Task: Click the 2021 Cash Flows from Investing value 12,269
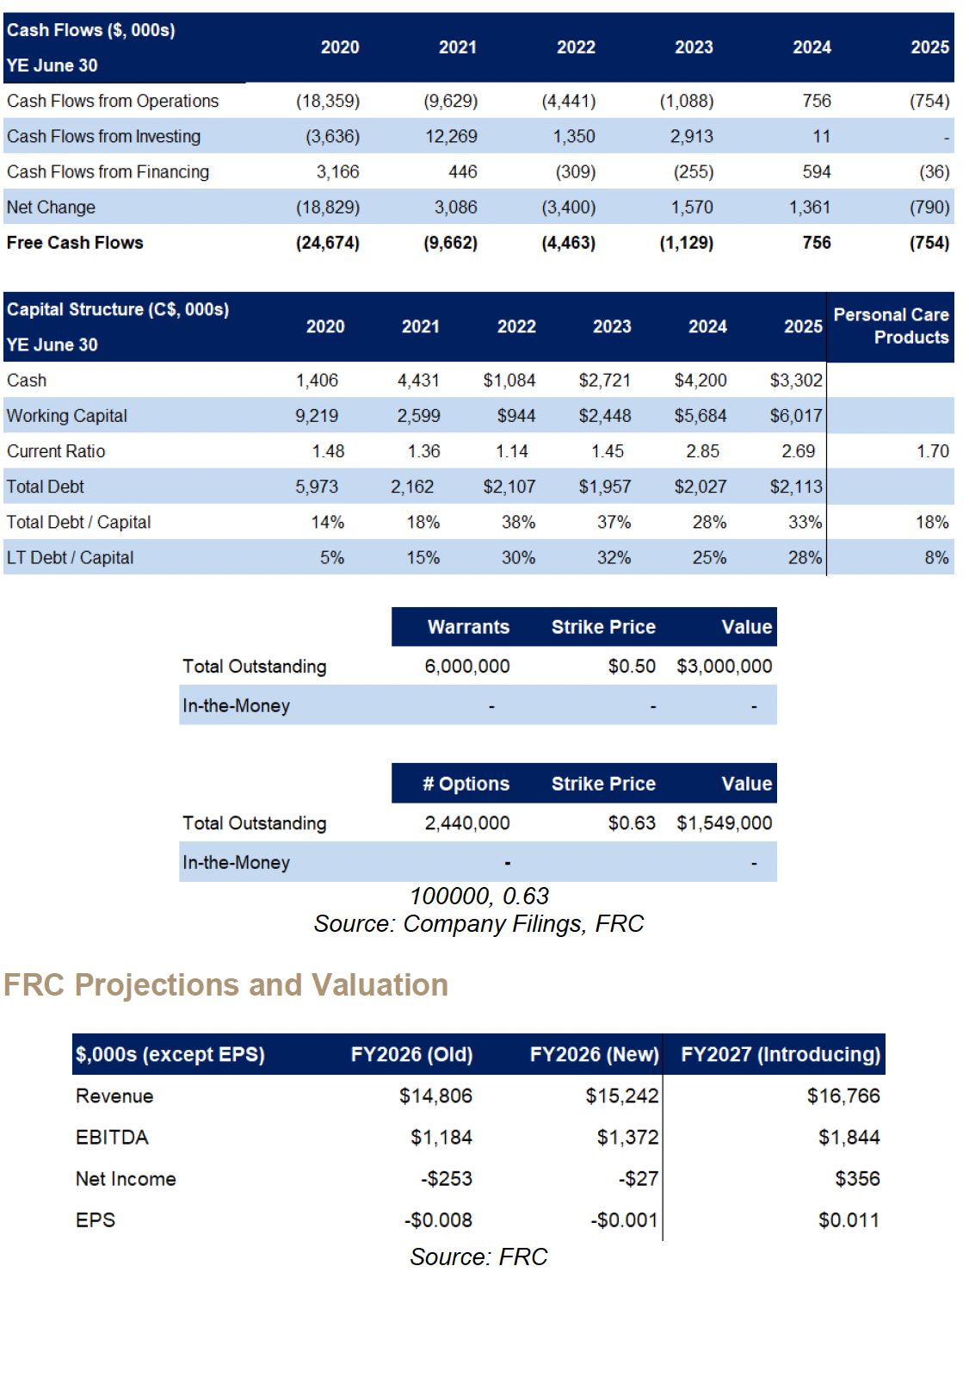(x=451, y=137)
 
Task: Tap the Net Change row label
(x=51, y=208)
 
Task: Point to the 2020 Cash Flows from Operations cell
(x=328, y=102)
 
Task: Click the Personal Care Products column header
(x=891, y=326)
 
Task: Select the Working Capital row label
(x=67, y=416)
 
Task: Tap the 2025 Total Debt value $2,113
(x=796, y=487)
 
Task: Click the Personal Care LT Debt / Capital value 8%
(x=936, y=558)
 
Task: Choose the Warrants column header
(x=468, y=627)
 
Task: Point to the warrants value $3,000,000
(x=724, y=667)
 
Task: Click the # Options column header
(x=466, y=784)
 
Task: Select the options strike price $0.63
(x=632, y=823)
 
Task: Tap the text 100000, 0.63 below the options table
(x=478, y=897)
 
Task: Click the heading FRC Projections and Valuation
(x=225, y=984)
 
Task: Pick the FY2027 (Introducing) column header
(x=780, y=1054)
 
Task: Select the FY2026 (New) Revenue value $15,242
(x=621, y=1096)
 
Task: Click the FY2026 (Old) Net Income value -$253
(x=446, y=1179)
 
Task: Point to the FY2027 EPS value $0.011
(x=849, y=1220)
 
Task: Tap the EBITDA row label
(x=112, y=1138)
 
